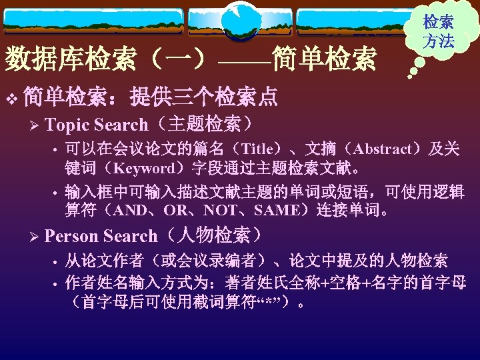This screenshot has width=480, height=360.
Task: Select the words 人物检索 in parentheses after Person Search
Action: tap(213, 236)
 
